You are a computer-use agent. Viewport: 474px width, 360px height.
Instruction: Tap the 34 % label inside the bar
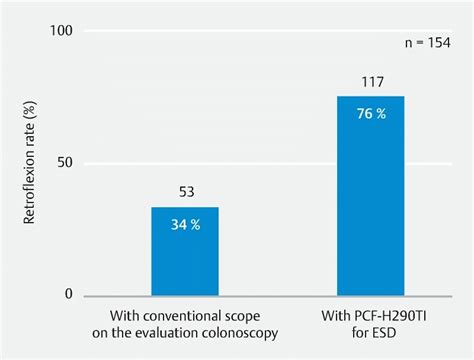(185, 224)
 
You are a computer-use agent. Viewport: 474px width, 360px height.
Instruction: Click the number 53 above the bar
(185, 193)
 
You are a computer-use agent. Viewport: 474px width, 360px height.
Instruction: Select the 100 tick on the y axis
(63, 33)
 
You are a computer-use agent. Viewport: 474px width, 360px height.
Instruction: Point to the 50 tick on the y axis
(67, 164)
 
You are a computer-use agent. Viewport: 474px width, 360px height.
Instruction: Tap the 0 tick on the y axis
(71, 294)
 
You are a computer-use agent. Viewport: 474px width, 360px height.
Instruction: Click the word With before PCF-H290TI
(317, 317)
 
